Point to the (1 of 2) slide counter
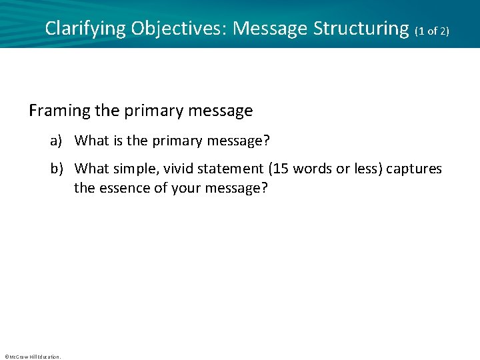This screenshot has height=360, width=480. (x=432, y=31)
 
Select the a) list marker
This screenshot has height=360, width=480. (x=57, y=141)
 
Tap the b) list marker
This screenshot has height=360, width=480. (x=57, y=169)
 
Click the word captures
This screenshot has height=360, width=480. (x=414, y=169)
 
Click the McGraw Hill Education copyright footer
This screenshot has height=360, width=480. (x=32, y=357)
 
